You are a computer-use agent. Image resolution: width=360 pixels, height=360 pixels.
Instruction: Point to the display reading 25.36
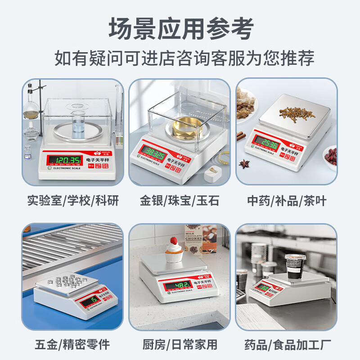point(269,144)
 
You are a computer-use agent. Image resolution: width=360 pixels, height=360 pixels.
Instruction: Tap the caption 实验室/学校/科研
point(73,200)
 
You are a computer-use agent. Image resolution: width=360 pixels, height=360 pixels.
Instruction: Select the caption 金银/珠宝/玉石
point(180,200)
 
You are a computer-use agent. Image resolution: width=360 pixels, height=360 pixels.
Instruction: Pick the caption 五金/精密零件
point(73,345)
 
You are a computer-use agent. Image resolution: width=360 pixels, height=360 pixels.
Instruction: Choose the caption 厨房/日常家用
point(180,345)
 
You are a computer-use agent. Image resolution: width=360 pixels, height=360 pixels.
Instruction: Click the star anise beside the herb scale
point(245,163)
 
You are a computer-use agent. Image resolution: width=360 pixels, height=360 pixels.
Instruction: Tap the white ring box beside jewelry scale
point(211,173)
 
